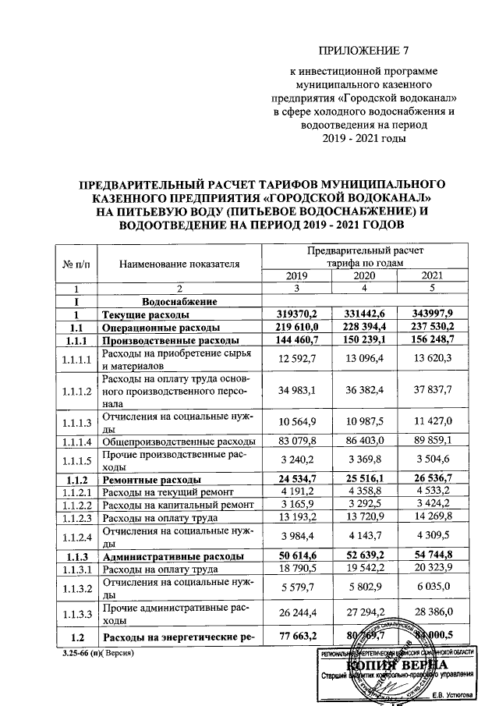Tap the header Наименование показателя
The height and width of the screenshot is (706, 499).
coord(179,264)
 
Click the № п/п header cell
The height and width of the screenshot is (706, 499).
coord(75,264)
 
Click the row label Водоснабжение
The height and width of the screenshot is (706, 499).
coord(179,301)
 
